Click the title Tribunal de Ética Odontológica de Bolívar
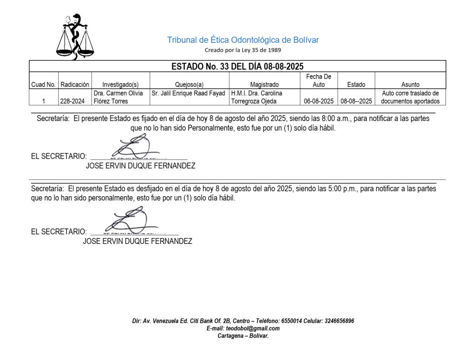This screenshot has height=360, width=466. coord(243,40)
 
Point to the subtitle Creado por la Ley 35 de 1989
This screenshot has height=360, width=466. coord(243,50)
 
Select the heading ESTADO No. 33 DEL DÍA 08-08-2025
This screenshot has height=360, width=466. coord(237,66)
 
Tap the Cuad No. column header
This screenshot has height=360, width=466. coord(43,85)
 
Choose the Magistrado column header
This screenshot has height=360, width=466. coord(264,85)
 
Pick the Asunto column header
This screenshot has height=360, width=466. coord(410,85)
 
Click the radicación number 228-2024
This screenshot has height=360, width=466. coord(72,101)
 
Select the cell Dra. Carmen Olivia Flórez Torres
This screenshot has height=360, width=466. coord(118,97)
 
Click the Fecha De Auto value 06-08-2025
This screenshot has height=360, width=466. coord(319,101)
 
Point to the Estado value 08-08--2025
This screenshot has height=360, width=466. coord(356,101)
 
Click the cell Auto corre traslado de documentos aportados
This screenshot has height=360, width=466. coord(410,97)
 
